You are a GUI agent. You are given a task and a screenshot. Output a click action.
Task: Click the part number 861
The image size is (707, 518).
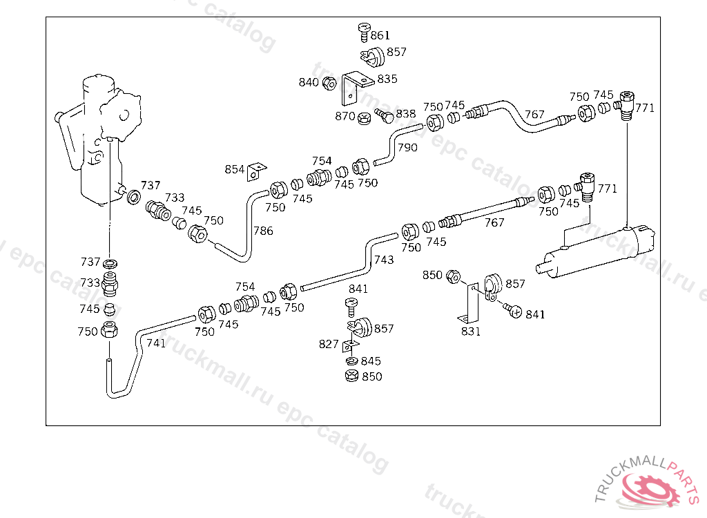coord(380,35)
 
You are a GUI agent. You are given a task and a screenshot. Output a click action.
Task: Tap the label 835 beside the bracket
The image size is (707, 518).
coord(387,79)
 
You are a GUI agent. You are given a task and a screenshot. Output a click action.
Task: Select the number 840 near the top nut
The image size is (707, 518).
coord(309,82)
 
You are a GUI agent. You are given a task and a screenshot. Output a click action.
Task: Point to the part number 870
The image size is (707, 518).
coord(345,116)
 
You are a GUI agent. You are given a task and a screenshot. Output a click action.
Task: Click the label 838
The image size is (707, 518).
coord(406,114)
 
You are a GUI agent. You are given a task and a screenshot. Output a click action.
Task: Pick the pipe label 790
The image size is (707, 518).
coord(407,147)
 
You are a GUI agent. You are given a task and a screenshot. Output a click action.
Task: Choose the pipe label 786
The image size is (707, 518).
coord(263,231)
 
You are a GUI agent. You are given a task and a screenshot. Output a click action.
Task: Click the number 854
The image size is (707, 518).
coord(235,169)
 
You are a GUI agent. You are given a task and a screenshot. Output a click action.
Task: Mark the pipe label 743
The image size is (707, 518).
coord(384,260)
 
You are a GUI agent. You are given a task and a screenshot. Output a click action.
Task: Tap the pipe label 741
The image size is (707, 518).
coord(156,343)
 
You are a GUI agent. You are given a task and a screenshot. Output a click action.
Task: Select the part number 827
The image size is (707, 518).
coord(329,344)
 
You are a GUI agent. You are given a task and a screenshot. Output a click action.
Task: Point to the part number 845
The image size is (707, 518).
coord(371,361)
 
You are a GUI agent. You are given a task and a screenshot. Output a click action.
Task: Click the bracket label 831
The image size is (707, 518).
coord(471,332)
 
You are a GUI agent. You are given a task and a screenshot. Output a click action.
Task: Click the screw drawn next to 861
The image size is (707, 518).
coord(363,30)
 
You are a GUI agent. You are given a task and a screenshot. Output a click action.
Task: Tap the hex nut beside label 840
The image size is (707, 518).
coord(329,84)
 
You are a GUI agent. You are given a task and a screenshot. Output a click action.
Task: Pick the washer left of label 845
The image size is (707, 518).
coord(351,361)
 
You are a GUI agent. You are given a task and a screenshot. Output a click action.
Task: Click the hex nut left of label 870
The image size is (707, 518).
coord(363,118)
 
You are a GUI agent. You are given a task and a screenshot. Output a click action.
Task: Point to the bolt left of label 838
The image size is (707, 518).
coord(384,115)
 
